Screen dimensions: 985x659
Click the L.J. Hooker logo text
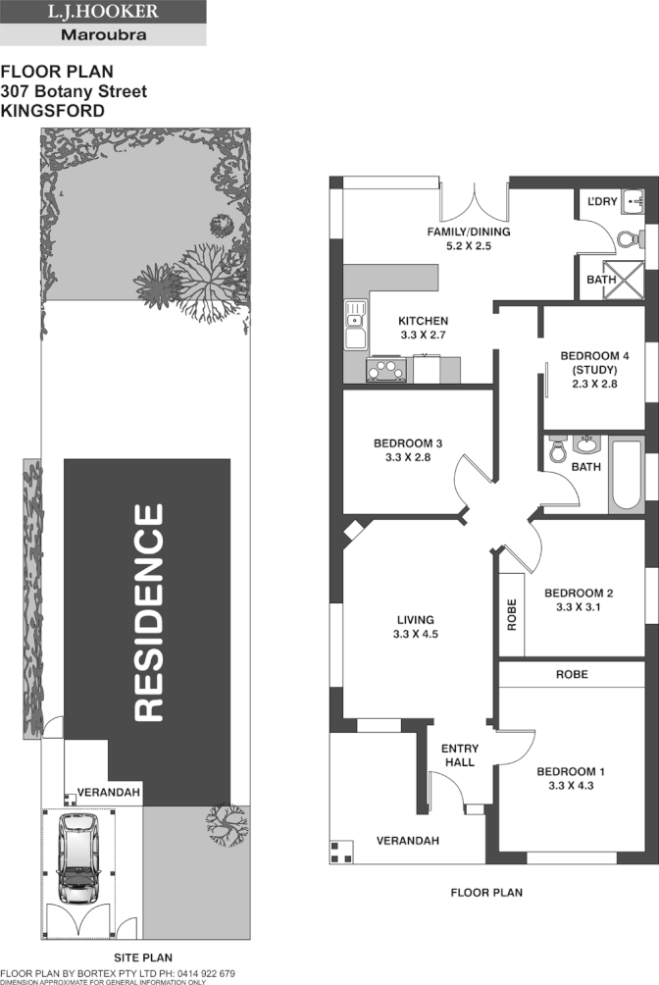(103, 13)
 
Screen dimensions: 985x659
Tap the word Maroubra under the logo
(103, 34)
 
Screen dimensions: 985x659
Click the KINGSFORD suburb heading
(53, 112)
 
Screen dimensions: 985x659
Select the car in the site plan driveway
(77, 859)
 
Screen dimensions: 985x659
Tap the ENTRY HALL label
(458, 754)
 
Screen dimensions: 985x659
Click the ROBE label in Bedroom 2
(511, 613)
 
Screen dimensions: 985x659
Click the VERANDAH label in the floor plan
(408, 841)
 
